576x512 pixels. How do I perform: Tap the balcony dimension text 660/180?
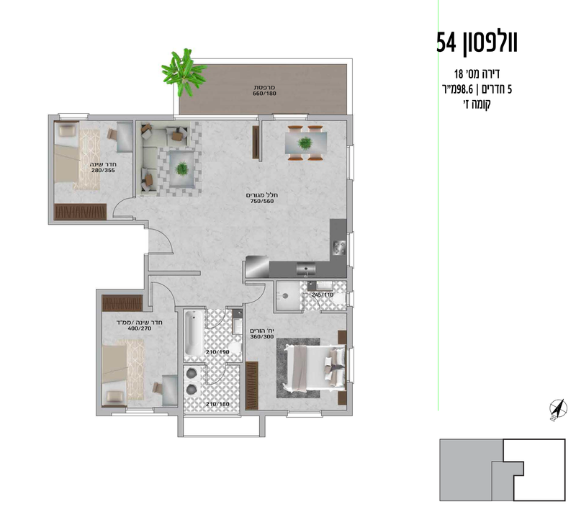(265, 94)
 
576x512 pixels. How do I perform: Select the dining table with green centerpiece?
(306, 142)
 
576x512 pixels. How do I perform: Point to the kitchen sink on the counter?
(307, 270)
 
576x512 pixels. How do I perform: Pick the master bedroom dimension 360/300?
(264, 336)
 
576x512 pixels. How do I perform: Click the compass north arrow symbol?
(556, 408)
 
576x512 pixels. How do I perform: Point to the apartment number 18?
(459, 74)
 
